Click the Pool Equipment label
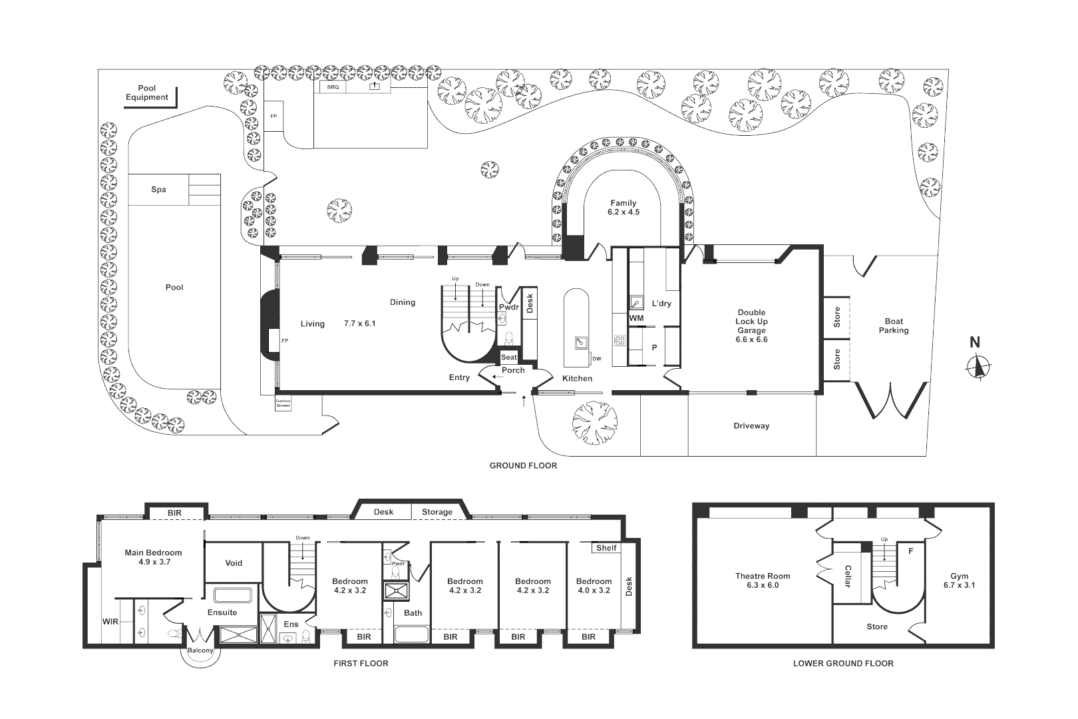click(x=147, y=93)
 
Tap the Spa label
click(x=158, y=190)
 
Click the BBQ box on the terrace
click(x=333, y=87)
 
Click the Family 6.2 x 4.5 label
click(x=624, y=208)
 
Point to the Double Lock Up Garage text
click(x=751, y=326)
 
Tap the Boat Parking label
click(x=893, y=326)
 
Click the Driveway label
click(x=751, y=426)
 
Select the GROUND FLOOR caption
click(x=523, y=465)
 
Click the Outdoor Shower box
click(x=283, y=404)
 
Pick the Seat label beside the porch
click(x=509, y=358)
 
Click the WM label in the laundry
click(x=636, y=318)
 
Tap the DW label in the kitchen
click(x=596, y=359)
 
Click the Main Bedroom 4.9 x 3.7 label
click(x=153, y=557)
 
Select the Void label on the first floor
click(x=234, y=563)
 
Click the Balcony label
click(x=200, y=650)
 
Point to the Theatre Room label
click(x=763, y=581)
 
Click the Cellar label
click(x=848, y=577)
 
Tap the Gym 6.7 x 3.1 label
click(x=959, y=581)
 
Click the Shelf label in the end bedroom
click(x=606, y=548)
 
